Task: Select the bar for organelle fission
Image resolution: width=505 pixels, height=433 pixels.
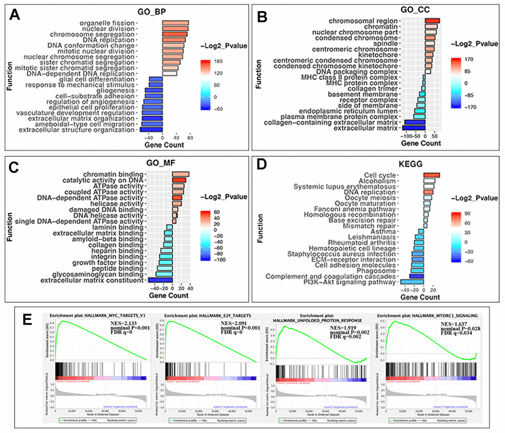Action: (175, 23)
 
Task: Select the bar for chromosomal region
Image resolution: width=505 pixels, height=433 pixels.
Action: (432, 21)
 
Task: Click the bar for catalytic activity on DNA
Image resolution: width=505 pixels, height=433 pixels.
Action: (179, 181)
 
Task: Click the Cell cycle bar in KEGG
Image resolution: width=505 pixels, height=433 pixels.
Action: (431, 176)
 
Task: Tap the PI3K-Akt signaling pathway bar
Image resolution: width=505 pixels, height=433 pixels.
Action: (412, 282)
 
